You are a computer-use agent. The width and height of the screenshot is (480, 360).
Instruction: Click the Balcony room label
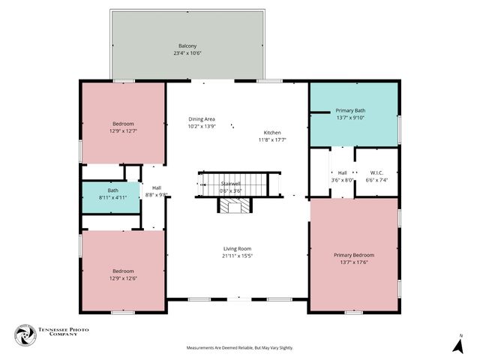tap(187, 46)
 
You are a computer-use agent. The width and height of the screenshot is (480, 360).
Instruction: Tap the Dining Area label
tap(202, 119)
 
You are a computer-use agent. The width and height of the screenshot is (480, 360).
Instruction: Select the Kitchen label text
tap(272, 132)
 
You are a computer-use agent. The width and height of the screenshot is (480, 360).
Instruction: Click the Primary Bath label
tap(349, 110)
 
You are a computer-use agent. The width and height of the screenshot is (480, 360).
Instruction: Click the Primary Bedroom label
tap(353, 255)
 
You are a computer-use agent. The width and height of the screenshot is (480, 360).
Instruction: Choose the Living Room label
tap(237, 249)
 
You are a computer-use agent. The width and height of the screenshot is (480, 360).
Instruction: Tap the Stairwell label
tap(230, 184)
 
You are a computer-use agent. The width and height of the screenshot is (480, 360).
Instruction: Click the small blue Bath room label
tap(112, 190)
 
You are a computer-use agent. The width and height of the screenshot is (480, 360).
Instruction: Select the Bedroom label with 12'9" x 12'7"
tap(123, 123)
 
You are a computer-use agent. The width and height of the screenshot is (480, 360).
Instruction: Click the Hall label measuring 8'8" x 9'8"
tap(156, 188)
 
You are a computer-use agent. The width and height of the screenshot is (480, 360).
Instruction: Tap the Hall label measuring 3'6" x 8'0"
tap(342, 172)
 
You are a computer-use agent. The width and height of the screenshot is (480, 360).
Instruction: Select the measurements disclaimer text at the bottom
tap(239, 348)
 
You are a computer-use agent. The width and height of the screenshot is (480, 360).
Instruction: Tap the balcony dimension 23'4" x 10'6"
tap(187, 53)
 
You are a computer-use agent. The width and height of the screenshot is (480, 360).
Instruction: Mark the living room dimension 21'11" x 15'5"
tap(237, 256)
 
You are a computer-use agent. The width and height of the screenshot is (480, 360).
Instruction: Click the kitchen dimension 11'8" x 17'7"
tap(272, 139)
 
